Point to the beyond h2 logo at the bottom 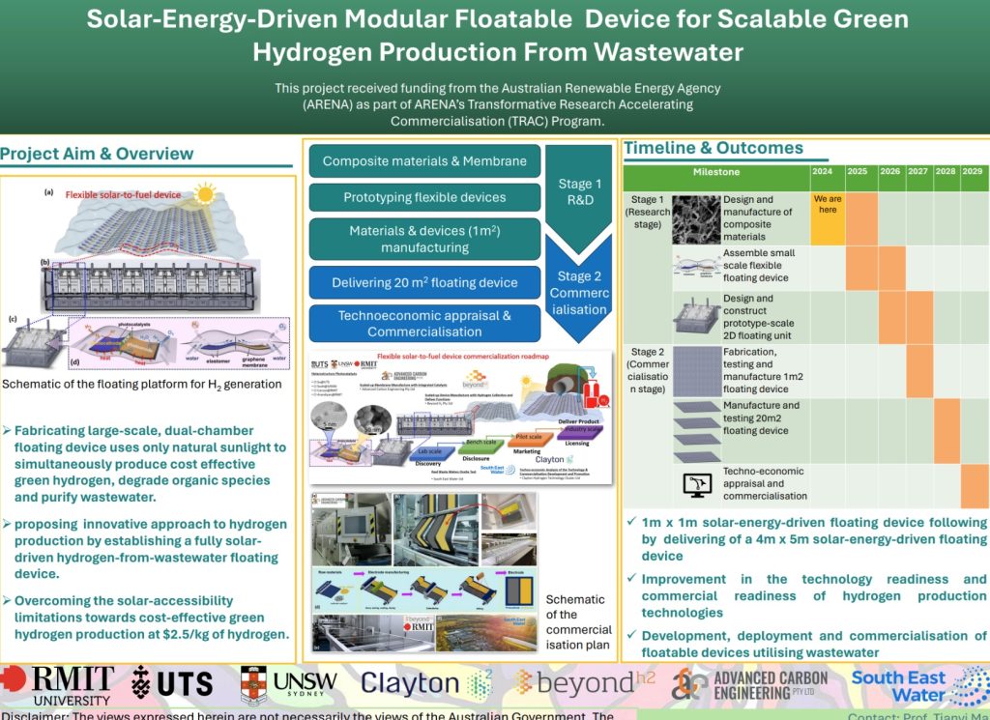pos(585,683)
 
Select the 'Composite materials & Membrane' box pos(424,161)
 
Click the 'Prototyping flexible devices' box pos(424,197)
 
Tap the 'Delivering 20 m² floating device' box pos(424,282)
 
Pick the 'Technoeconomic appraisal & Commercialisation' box pos(424,324)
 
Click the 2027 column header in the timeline pos(917,172)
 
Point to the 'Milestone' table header pos(716,172)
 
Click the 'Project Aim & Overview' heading pos(97,154)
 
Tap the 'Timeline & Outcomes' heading pos(713,148)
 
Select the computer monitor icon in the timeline pos(696,483)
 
